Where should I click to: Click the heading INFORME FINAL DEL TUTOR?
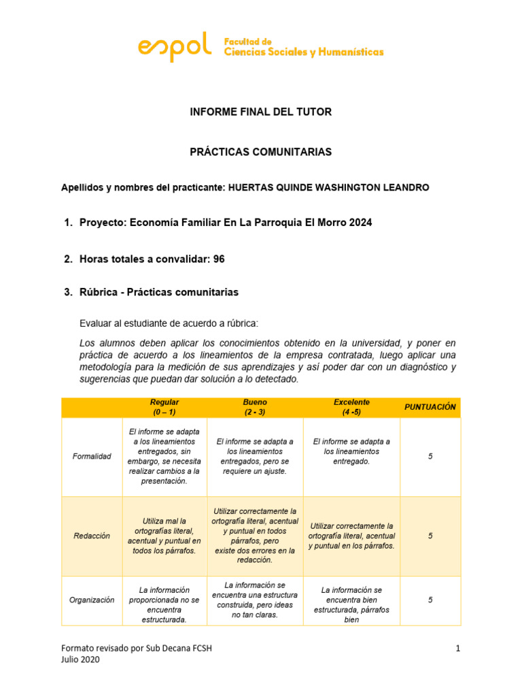(260, 112)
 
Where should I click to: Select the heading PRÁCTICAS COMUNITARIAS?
(260, 152)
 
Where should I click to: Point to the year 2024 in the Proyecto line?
(360, 223)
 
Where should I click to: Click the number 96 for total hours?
(219, 259)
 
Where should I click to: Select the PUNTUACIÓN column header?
(430, 407)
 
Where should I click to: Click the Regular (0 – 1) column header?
(164, 407)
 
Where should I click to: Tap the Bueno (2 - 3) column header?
(255, 407)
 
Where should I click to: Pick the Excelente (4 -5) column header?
(351, 407)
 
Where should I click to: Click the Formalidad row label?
(92, 456)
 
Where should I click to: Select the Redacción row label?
(92, 536)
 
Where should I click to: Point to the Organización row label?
(92, 600)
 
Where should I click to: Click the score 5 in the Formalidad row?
(430, 456)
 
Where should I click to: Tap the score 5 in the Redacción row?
(430, 536)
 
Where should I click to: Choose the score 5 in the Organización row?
(430, 600)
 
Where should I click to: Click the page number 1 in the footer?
(458, 649)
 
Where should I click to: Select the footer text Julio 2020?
(80, 660)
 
